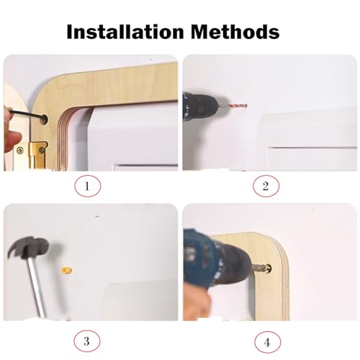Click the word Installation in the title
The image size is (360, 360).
click(125, 32)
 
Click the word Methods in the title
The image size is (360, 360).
click(235, 32)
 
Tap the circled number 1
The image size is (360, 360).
click(88, 186)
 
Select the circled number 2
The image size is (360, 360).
click(266, 186)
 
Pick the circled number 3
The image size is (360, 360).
click(86, 341)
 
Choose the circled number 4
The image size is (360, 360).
click(267, 342)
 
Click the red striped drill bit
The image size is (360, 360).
click(236, 106)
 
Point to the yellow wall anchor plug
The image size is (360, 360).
click(67, 271)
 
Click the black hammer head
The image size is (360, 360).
click(29, 248)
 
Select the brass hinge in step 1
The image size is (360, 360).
click(38, 156)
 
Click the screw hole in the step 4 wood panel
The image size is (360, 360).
click(268, 268)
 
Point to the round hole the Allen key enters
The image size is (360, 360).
click(43, 119)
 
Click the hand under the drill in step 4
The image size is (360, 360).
click(196, 304)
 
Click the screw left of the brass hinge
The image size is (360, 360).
click(20, 150)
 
